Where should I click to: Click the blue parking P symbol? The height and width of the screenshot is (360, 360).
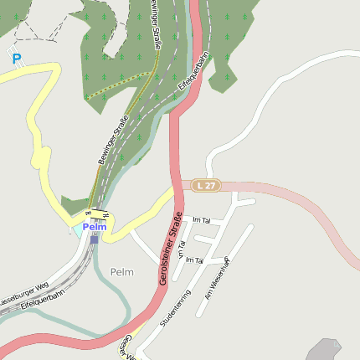coord(17,59)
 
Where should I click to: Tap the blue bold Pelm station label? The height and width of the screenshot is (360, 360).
coord(95,227)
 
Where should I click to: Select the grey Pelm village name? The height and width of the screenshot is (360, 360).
coord(121,272)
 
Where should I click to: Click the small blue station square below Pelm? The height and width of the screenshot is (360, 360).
coord(95,239)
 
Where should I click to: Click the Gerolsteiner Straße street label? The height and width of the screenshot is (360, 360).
coord(172,249)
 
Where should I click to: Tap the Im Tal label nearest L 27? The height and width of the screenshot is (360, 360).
coord(201,220)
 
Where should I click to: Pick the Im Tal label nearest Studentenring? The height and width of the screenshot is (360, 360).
coord(195,260)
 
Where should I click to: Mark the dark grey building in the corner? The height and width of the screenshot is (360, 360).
coord(324,350)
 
